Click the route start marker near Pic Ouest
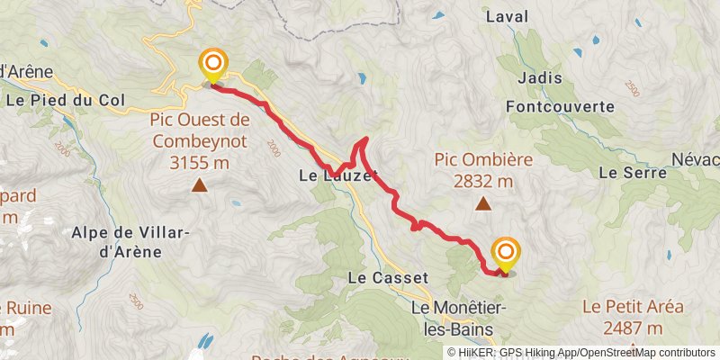[x=213, y=64]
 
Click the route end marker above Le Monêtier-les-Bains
[x=506, y=252]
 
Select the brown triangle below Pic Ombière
[x=483, y=204]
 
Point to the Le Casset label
[x=387, y=278]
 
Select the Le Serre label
[x=624, y=172]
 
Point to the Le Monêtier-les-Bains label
[x=459, y=316]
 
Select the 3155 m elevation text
[x=200, y=163]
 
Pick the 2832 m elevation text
[x=483, y=181]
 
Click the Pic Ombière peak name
[x=483, y=159]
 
